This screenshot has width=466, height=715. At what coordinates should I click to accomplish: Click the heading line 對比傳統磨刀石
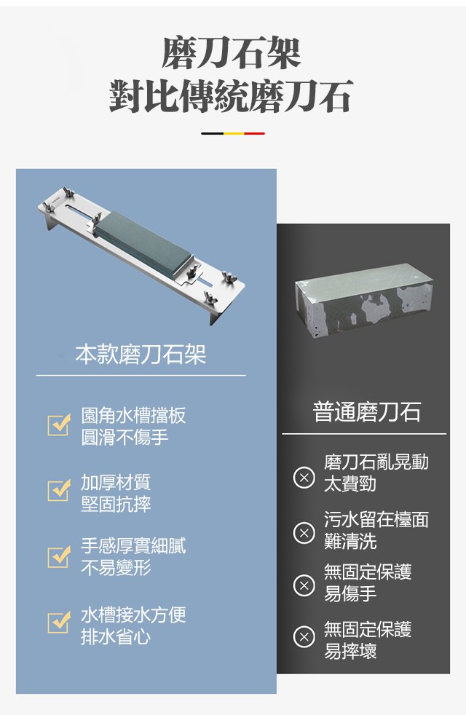coord(232,96)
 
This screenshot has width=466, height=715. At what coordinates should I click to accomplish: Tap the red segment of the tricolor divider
coord(254,133)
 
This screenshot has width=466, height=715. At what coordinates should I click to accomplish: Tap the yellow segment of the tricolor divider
coord(234,133)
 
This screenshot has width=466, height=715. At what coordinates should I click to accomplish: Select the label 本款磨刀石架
coord(141,355)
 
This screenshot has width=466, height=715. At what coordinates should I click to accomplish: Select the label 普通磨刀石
coord(366,411)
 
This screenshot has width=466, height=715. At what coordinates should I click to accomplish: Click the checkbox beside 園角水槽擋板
coord(59,425)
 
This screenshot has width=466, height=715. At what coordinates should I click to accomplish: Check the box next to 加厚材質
coord(59,491)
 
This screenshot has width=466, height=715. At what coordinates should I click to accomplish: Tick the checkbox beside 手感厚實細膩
coord(59,557)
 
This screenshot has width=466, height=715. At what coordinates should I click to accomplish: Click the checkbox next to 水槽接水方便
coord(59,622)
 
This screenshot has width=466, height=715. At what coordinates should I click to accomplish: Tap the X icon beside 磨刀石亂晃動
coord(304,478)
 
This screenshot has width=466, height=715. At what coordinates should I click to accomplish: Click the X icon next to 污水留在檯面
coord(304,532)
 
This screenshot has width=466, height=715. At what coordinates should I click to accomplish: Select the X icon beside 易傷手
coord(304,585)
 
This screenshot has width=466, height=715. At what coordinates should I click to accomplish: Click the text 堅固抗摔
coord(116,504)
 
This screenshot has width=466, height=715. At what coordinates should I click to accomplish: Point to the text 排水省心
coord(116,636)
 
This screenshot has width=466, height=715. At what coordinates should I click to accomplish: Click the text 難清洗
coord(350,541)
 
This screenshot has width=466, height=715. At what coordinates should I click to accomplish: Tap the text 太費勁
coord(350,483)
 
